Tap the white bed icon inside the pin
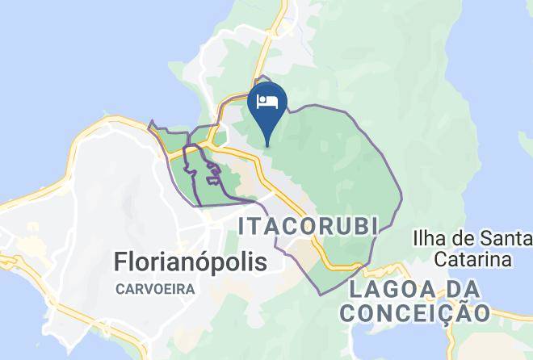coord(267,102)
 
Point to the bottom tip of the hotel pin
coord(267,146)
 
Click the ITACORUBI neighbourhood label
coord(308,228)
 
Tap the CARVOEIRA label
coord(157,290)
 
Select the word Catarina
coord(473,260)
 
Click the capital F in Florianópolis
coord(121,262)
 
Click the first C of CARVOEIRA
coord(120,290)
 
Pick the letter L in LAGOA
coord(356,289)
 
